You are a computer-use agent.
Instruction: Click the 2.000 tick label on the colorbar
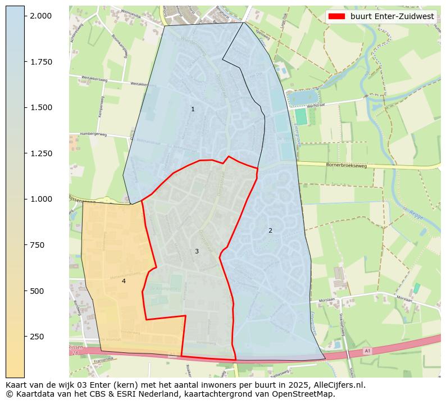[41, 16]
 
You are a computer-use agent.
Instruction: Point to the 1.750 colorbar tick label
[41, 62]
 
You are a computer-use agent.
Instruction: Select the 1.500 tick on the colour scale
[41, 107]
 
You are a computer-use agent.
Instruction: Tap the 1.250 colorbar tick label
[41, 153]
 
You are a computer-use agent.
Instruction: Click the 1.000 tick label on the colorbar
[41, 199]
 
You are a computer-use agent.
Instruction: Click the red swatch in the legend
[336, 16]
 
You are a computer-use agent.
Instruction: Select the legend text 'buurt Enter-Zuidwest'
[392, 16]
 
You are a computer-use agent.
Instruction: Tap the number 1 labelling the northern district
[193, 109]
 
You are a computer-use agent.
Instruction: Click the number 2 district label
[270, 230]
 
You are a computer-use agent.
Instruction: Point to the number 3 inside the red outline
[197, 251]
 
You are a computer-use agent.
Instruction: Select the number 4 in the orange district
[124, 281]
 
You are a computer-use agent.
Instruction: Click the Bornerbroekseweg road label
[347, 165]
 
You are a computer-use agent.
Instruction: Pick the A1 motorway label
[367, 351]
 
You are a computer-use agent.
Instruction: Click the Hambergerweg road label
[93, 134]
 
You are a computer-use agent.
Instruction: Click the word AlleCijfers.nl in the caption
[338, 385]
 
